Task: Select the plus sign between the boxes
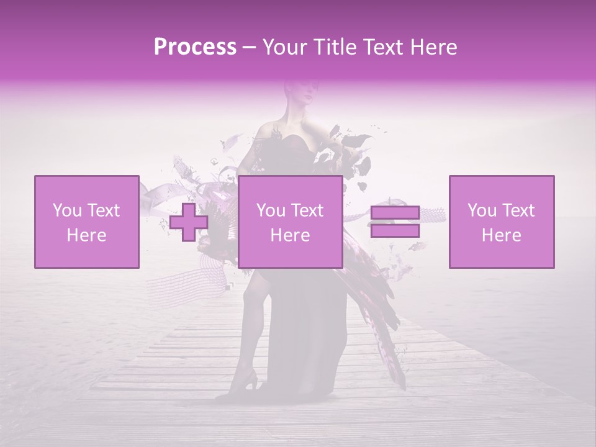point(189,222)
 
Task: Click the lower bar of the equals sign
point(395,230)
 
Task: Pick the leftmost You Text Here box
point(86,222)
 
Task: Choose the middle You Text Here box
point(290,222)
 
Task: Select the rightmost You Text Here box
point(502,222)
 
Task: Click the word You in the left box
point(66,210)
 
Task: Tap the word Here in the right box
point(502,235)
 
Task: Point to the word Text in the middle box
point(308,210)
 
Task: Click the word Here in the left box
point(86,235)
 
